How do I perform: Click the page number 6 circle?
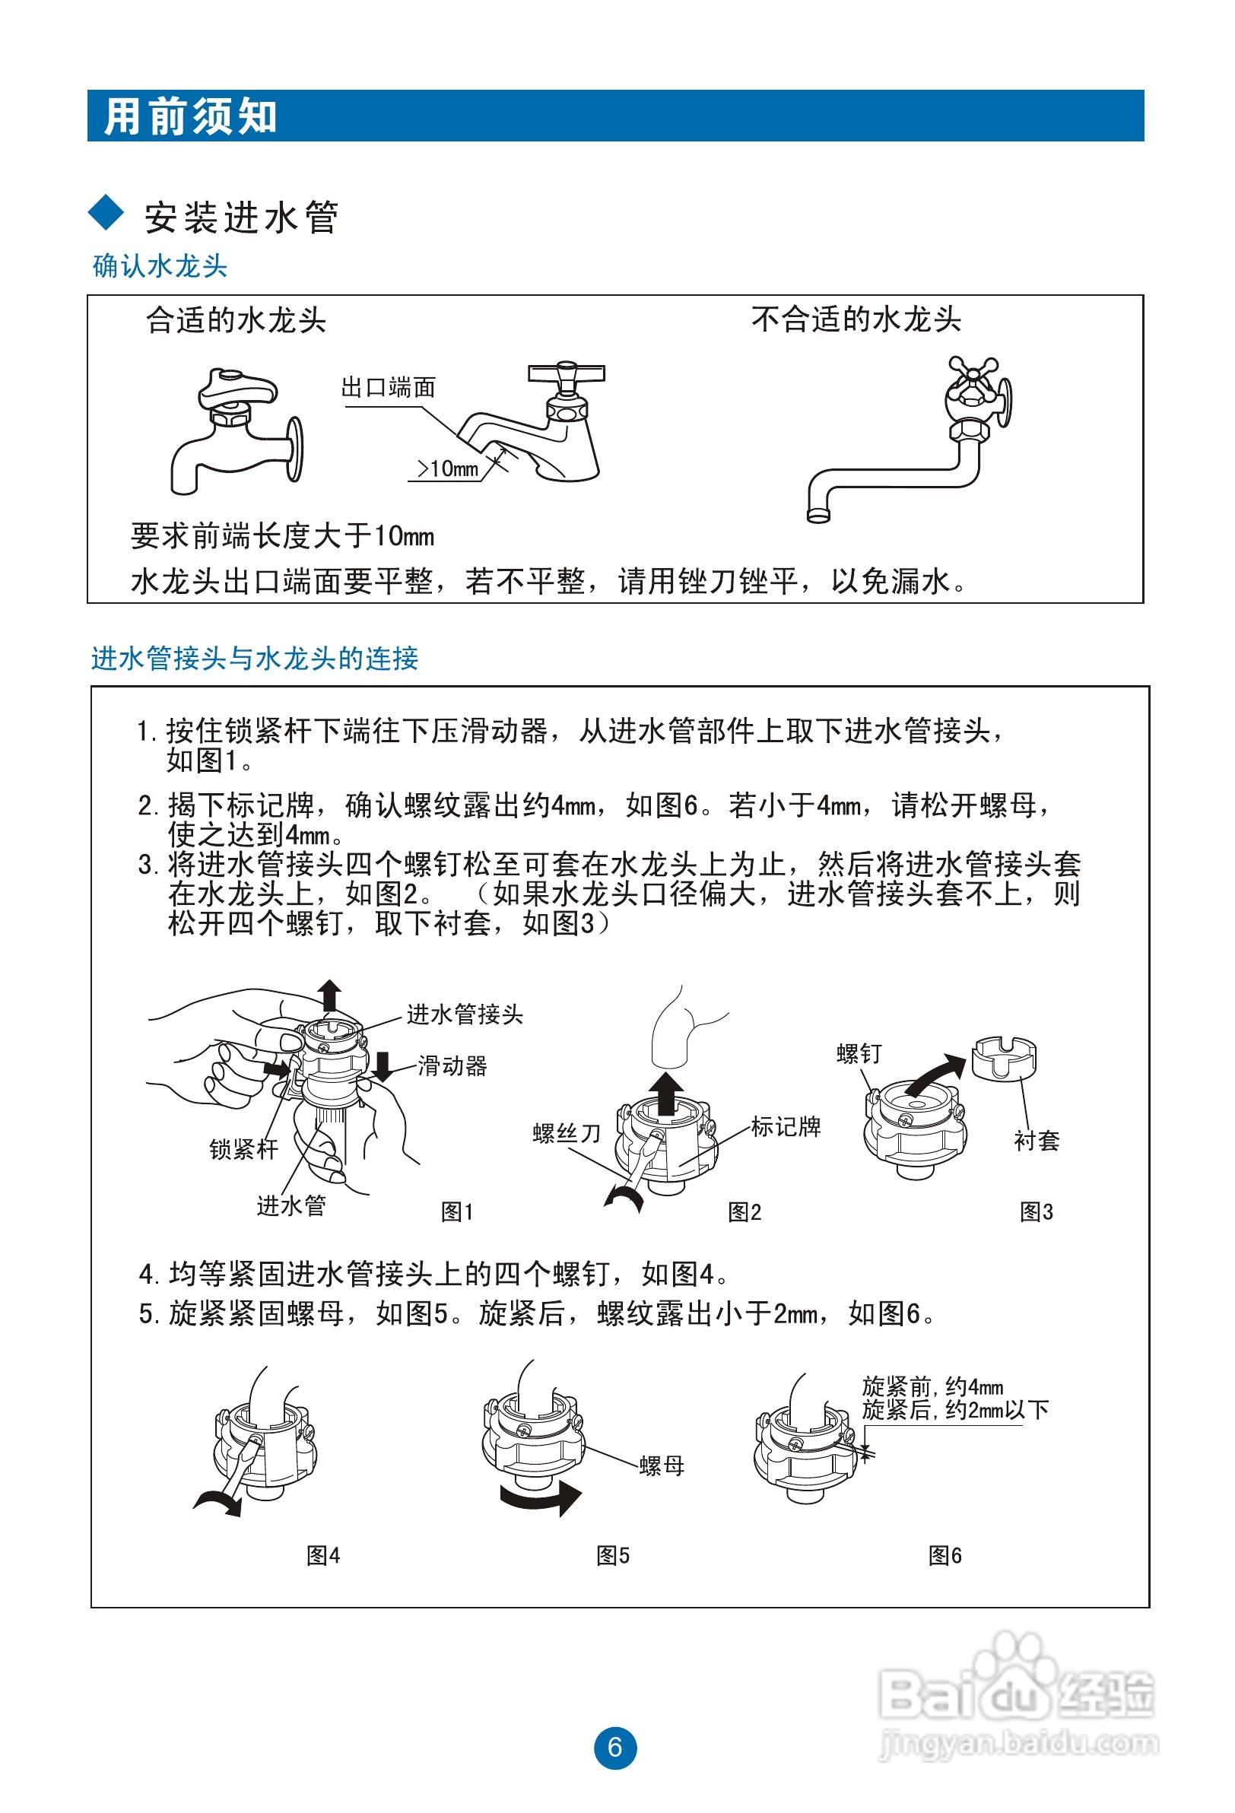click(614, 1748)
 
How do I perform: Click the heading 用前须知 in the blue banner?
click(190, 117)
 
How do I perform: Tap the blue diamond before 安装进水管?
click(106, 213)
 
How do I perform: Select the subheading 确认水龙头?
click(160, 266)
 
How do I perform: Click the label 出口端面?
click(388, 387)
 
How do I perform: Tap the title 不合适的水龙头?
click(856, 319)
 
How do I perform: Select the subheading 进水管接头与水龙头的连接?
click(254, 658)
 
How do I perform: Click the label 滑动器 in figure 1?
click(452, 1065)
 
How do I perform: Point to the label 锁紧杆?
click(243, 1149)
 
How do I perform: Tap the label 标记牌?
click(786, 1126)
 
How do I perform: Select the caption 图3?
click(1036, 1211)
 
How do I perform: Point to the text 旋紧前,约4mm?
click(932, 1386)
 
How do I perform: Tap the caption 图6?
click(944, 1555)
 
